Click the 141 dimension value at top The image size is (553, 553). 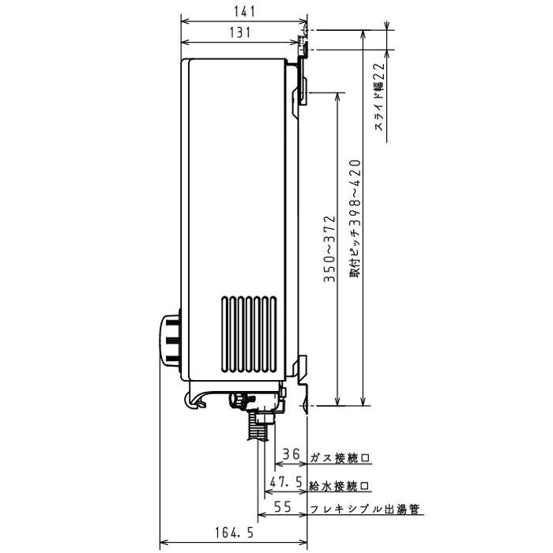pyautogui.click(x=243, y=10)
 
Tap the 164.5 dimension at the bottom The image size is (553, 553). pyautogui.click(x=234, y=533)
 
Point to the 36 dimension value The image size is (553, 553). pyautogui.click(x=292, y=454)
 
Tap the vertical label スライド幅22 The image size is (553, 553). pyautogui.click(x=379, y=96)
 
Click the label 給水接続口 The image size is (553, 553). pyautogui.click(x=340, y=485)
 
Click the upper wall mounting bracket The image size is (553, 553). pyautogui.click(x=300, y=87)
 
